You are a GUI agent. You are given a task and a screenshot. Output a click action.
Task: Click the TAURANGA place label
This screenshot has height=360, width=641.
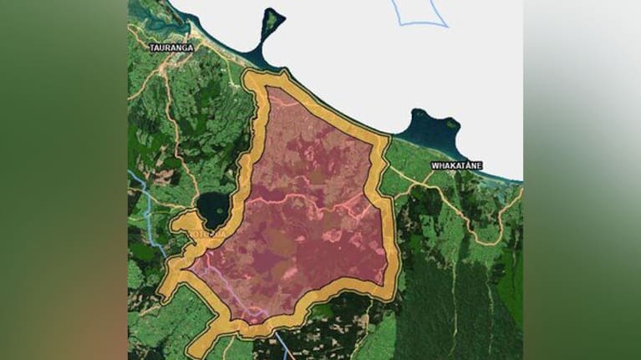(171, 48)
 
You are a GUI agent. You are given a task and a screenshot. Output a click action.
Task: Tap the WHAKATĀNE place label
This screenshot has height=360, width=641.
(456, 165)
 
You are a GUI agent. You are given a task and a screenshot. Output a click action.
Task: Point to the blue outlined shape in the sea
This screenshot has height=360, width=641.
(422, 13)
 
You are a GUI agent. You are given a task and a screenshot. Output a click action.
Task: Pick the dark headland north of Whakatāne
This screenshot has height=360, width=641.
(430, 129)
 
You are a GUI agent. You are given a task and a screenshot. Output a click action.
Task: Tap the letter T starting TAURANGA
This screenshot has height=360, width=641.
(152, 48)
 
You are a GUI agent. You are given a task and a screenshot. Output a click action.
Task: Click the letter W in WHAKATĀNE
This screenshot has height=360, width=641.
(435, 165)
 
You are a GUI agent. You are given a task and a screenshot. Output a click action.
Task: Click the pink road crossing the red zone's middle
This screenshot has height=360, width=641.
(309, 200)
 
